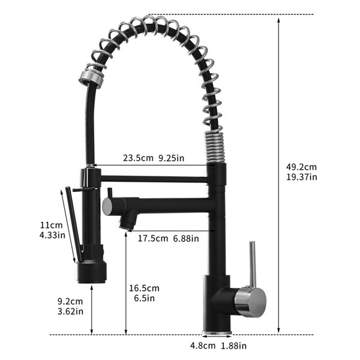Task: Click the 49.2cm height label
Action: point(301,167)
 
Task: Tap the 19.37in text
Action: point(301,177)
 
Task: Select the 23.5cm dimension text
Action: point(138,158)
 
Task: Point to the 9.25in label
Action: point(171,158)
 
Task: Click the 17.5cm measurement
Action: point(153,238)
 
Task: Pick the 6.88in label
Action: point(186,239)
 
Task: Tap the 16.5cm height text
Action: point(144,288)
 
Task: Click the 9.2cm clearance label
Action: point(70,301)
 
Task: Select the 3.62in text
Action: point(70,311)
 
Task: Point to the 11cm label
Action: point(51,225)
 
